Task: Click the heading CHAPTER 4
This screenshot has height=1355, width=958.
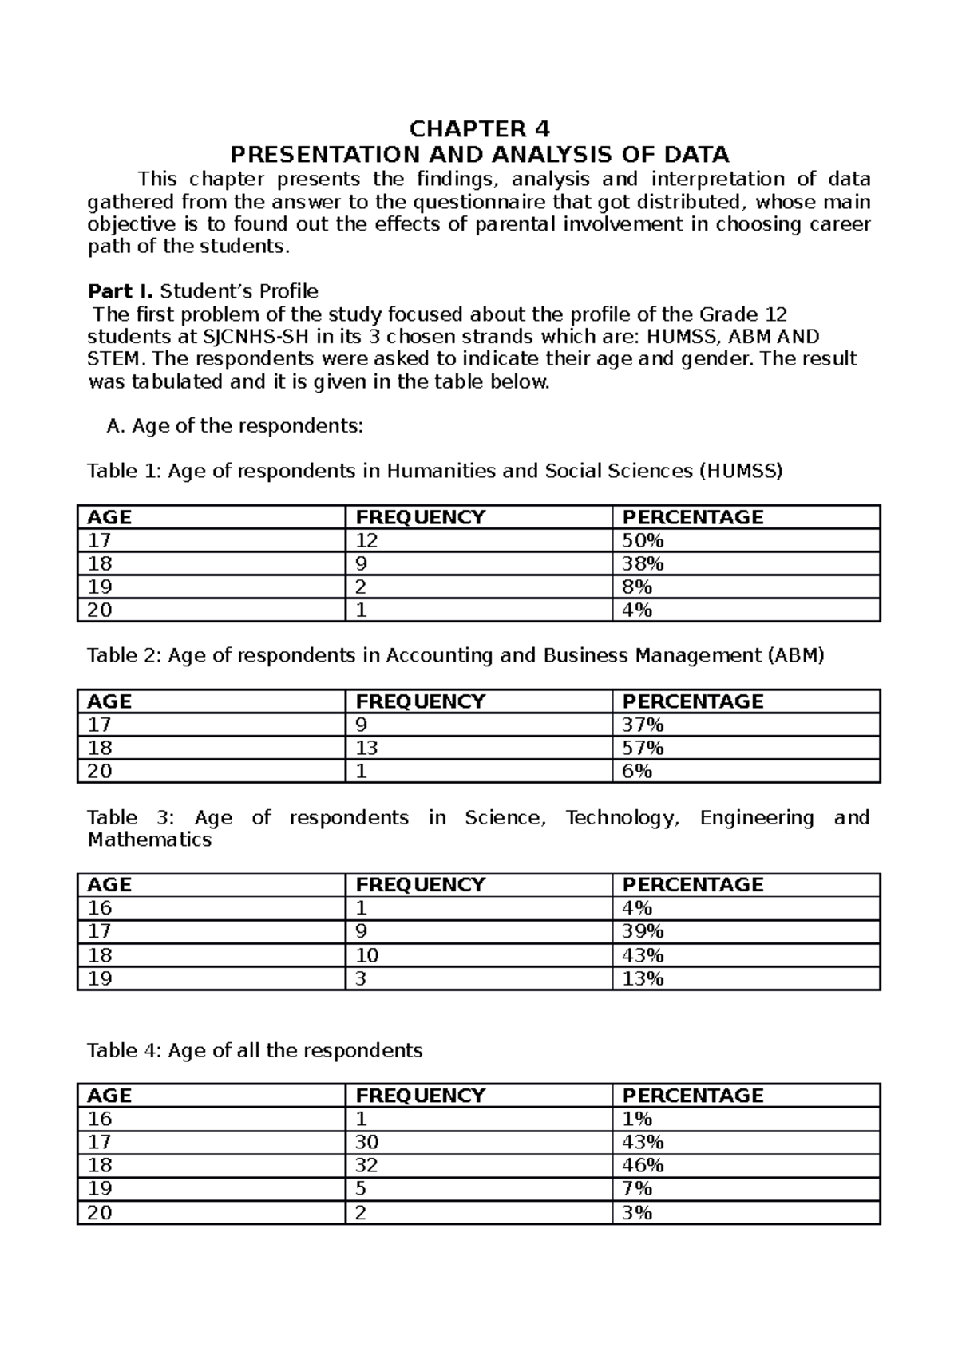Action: [479, 129]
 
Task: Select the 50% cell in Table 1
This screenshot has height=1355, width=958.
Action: [643, 541]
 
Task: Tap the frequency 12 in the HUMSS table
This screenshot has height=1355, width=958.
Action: [366, 541]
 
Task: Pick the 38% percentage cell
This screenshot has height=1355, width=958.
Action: [643, 564]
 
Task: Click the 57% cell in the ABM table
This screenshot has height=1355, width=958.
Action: [643, 749]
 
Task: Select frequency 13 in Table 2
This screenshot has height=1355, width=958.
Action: [366, 749]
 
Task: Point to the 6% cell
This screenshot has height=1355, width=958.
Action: [637, 772]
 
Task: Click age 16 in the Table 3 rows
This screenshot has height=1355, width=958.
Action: [100, 908]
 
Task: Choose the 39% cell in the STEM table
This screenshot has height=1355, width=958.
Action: [643, 931]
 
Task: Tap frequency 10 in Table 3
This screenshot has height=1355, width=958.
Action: [366, 955]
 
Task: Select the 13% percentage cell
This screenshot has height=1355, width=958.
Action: [643, 978]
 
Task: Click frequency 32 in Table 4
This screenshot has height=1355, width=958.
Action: [366, 1166]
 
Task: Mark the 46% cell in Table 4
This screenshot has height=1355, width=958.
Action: [643, 1166]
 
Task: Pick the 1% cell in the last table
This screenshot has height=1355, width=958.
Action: [637, 1119]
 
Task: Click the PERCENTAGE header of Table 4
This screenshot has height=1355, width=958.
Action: [692, 1096]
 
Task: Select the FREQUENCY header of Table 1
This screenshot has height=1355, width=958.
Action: [420, 517]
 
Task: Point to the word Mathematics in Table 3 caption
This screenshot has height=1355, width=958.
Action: [149, 840]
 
